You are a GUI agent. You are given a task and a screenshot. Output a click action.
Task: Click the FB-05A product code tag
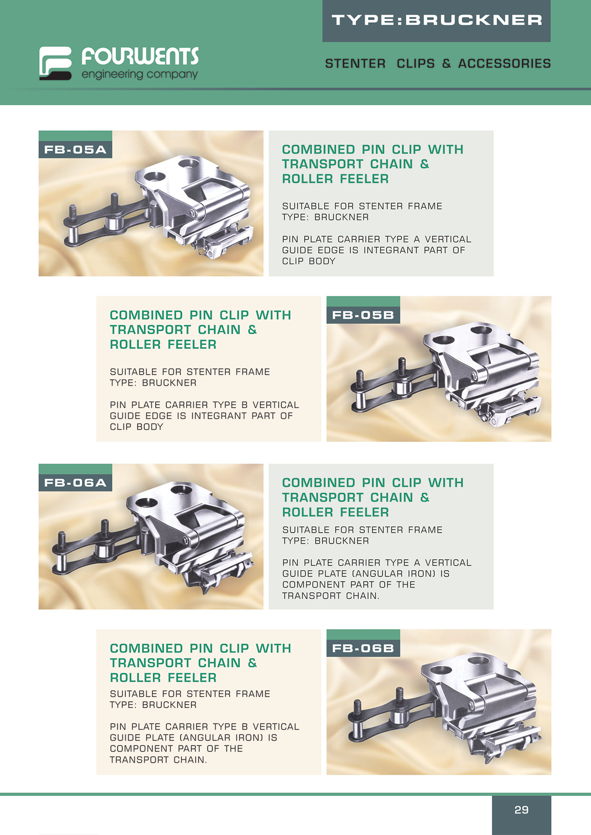click(75, 149)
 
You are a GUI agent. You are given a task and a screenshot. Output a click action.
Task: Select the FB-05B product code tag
click(363, 315)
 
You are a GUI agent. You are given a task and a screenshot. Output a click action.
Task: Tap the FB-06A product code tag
click(75, 483)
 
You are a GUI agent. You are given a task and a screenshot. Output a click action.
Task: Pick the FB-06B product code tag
click(363, 648)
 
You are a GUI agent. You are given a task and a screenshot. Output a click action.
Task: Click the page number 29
click(521, 810)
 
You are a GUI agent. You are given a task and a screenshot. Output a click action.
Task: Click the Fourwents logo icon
click(55, 63)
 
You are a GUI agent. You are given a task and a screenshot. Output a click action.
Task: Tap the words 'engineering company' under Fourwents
click(140, 74)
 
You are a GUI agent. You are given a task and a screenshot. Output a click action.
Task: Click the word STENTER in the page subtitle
click(355, 63)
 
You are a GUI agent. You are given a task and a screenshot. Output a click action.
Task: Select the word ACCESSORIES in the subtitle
click(504, 63)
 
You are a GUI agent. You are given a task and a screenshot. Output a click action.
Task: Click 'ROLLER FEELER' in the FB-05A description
click(335, 179)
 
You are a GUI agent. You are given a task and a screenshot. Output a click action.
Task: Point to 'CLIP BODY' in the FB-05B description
click(137, 427)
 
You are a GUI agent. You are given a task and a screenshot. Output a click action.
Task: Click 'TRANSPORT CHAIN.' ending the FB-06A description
click(331, 596)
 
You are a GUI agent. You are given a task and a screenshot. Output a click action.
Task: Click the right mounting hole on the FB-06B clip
click(478, 660)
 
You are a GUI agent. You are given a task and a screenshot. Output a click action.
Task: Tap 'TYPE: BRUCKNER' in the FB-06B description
click(153, 705)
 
